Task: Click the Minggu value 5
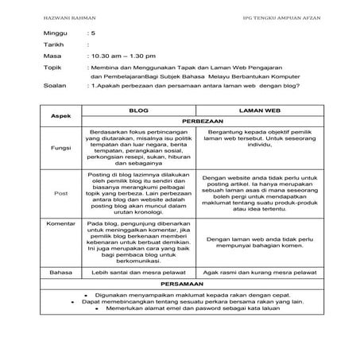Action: click(94, 36)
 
